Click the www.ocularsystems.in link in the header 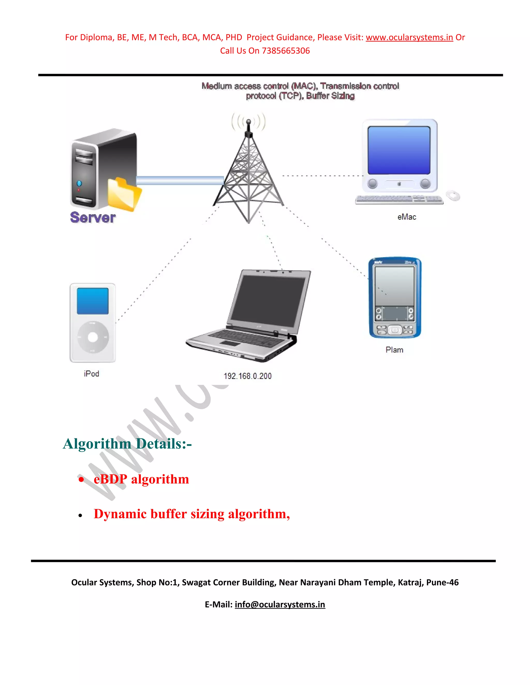409,37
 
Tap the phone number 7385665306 286,51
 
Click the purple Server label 93,217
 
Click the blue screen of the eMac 399,150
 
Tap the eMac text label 407,217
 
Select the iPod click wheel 93,337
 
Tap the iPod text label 91,374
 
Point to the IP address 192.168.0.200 247,376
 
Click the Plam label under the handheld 394,350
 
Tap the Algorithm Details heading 127,444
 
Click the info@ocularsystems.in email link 280,604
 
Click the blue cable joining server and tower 180,180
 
